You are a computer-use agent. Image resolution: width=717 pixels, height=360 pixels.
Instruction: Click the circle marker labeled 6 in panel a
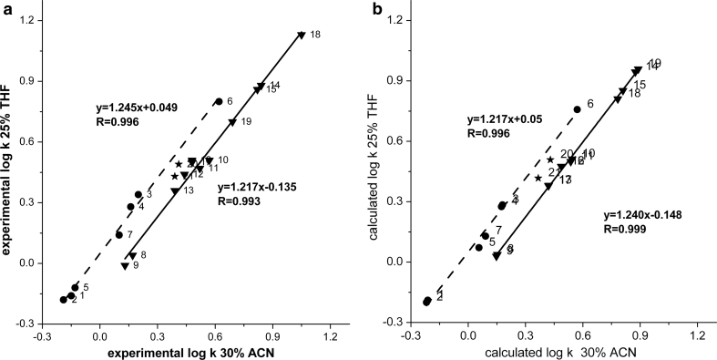click(219, 102)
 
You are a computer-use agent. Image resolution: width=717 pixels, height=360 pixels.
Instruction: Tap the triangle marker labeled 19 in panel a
click(232, 123)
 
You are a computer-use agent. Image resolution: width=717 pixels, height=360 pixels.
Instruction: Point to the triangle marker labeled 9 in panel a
click(125, 266)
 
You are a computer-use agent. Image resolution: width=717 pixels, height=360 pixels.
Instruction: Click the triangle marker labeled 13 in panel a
click(175, 191)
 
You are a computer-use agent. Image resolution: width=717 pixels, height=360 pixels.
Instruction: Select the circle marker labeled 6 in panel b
click(577, 109)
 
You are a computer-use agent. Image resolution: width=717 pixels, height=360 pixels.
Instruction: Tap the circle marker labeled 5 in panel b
click(479, 247)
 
